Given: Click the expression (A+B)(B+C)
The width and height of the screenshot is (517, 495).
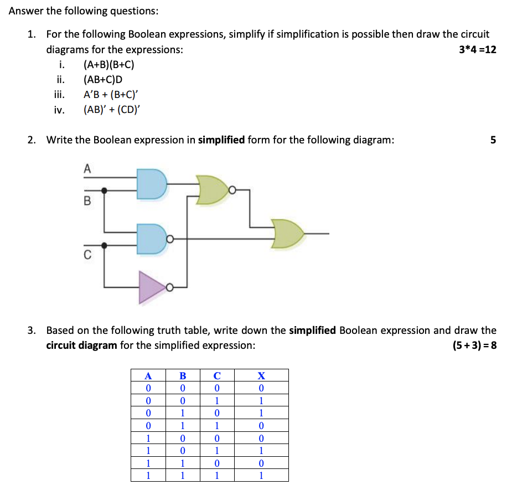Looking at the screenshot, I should tap(108, 65).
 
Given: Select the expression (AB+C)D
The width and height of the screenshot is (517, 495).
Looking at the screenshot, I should tap(102, 79).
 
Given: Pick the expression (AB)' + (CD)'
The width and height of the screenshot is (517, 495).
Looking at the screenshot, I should tap(112, 109).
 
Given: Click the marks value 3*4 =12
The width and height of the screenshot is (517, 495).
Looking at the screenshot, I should tap(478, 50).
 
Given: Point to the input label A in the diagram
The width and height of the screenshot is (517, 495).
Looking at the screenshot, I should tap(86, 169).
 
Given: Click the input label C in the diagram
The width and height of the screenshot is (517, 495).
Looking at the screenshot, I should tap(87, 255).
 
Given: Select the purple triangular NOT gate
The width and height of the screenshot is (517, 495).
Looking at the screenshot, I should tap(151, 287).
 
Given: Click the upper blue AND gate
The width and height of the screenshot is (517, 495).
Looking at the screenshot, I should tap(151, 184).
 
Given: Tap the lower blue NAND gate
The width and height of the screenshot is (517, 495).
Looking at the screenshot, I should tap(151, 239).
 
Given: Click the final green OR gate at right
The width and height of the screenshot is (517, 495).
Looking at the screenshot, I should tap(287, 234).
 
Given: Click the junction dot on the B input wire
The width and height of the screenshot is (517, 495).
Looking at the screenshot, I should tap(104, 190).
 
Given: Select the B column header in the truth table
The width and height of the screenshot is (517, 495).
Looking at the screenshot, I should tap(183, 375).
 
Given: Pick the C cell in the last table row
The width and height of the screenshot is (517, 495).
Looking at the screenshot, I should tap(217, 475).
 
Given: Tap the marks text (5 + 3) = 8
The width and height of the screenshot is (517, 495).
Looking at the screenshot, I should tap(474, 346).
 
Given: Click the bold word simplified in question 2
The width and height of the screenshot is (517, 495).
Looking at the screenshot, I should tap(221, 140).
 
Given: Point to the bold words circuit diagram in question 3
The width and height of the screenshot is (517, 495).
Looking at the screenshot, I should tap(81, 346).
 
